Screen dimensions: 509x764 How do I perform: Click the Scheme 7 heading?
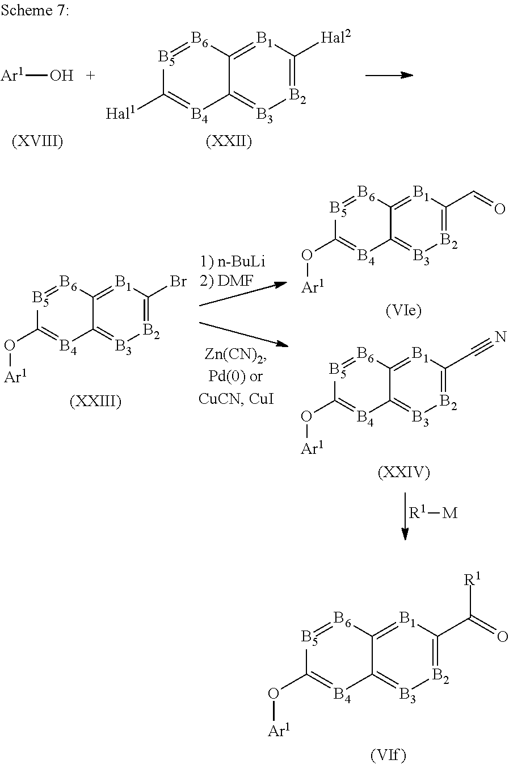(35, 10)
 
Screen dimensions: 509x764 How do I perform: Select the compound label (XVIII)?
(37, 141)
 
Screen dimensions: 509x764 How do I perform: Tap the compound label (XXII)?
(229, 141)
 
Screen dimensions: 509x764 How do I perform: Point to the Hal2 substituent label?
(335, 37)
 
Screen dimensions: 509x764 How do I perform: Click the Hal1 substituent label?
(121, 112)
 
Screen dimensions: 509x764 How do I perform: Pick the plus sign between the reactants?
(90, 76)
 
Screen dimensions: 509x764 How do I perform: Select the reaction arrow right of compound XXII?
(389, 74)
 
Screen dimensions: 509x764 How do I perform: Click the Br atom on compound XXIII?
(178, 282)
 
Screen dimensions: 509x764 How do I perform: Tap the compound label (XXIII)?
(95, 401)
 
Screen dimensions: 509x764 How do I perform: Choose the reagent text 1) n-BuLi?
(232, 261)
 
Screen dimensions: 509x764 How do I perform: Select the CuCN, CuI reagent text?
(236, 398)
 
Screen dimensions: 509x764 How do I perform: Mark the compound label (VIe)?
(403, 310)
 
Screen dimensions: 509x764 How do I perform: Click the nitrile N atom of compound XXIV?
(500, 337)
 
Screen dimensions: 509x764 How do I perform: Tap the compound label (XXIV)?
(403, 472)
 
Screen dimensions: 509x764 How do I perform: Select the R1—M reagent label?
(433, 512)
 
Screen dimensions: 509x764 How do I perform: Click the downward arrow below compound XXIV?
(405, 516)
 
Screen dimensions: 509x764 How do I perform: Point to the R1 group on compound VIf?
(472, 579)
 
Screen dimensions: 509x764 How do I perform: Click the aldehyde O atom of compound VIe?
(499, 208)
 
